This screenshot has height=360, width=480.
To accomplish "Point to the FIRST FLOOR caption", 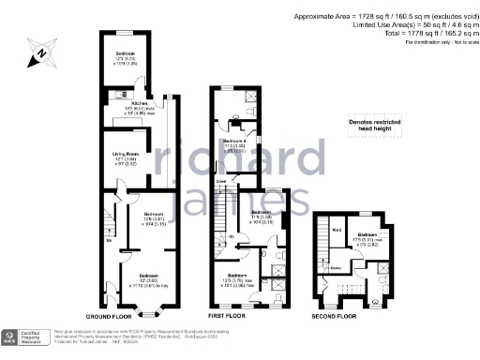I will [227, 317].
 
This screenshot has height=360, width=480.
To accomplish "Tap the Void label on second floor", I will [337, 228].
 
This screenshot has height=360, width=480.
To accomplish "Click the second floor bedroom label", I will [367, 235].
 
